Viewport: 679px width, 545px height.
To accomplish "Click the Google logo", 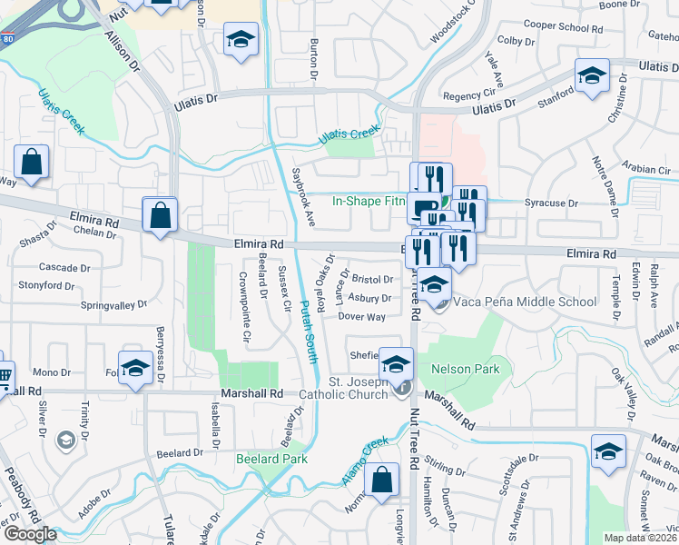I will point(30,534).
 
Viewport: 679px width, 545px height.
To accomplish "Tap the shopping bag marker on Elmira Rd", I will point(160,217).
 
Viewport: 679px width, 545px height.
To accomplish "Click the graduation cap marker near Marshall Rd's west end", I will point(135,368).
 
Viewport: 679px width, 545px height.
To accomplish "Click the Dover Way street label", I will point(361,317).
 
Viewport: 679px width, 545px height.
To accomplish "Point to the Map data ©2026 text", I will point(641,538).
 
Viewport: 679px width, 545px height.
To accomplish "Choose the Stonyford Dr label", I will point(46,285).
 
